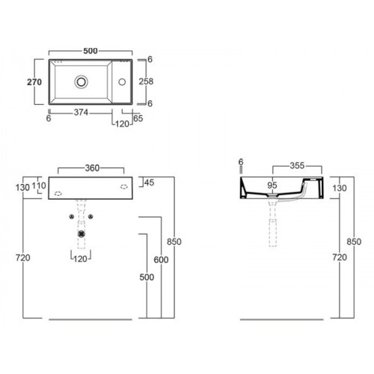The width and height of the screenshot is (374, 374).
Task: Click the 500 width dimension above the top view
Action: click(91, 51)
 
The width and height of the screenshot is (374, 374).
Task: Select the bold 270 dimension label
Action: click(34, 82)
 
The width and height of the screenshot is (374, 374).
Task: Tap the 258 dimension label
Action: click(146, 82)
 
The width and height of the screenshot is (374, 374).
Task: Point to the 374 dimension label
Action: click(81, 112)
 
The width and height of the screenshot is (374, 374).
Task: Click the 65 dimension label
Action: click(138, 118)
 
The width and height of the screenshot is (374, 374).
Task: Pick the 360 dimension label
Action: click(92, 168)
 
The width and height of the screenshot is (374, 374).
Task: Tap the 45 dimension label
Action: click(149, 183)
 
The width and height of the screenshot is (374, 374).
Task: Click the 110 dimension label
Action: click(39, 186)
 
